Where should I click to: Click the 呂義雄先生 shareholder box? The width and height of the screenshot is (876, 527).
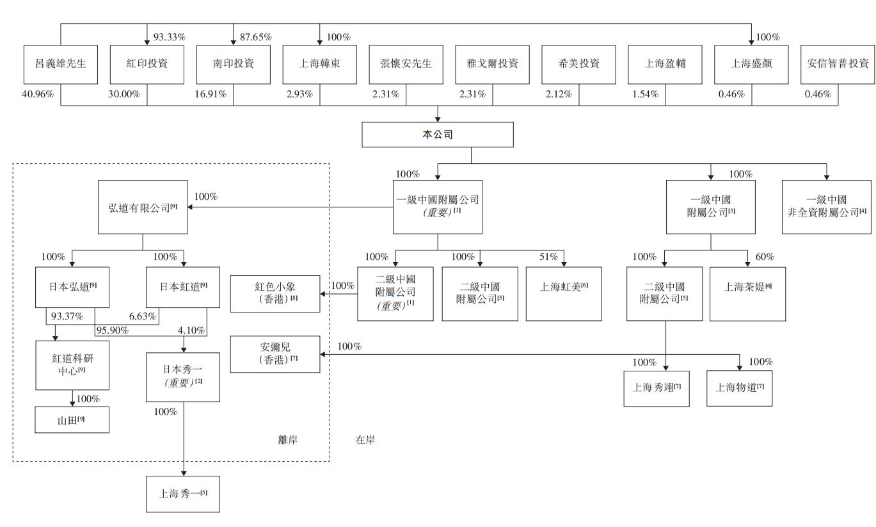(60, 65)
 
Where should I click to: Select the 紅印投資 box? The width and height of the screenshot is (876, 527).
(147, 65)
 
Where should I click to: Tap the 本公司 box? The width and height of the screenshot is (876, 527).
(438, 135)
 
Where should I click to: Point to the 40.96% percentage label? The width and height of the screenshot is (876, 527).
(37, 94)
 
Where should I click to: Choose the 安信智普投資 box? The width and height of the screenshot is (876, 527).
(838, 65)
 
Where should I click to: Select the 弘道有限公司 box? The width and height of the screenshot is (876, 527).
(142, 207)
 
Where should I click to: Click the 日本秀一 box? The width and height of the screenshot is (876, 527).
(183, 377)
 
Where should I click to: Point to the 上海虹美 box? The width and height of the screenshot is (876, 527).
(564, 293)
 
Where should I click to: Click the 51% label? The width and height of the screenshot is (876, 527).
(549, 257)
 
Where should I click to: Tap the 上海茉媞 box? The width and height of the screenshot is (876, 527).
(747, 293)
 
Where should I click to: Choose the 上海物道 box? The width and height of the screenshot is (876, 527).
(739, 388)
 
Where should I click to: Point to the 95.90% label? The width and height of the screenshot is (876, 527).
(113, 331)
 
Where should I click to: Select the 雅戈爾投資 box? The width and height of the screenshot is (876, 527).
(493, 65)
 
